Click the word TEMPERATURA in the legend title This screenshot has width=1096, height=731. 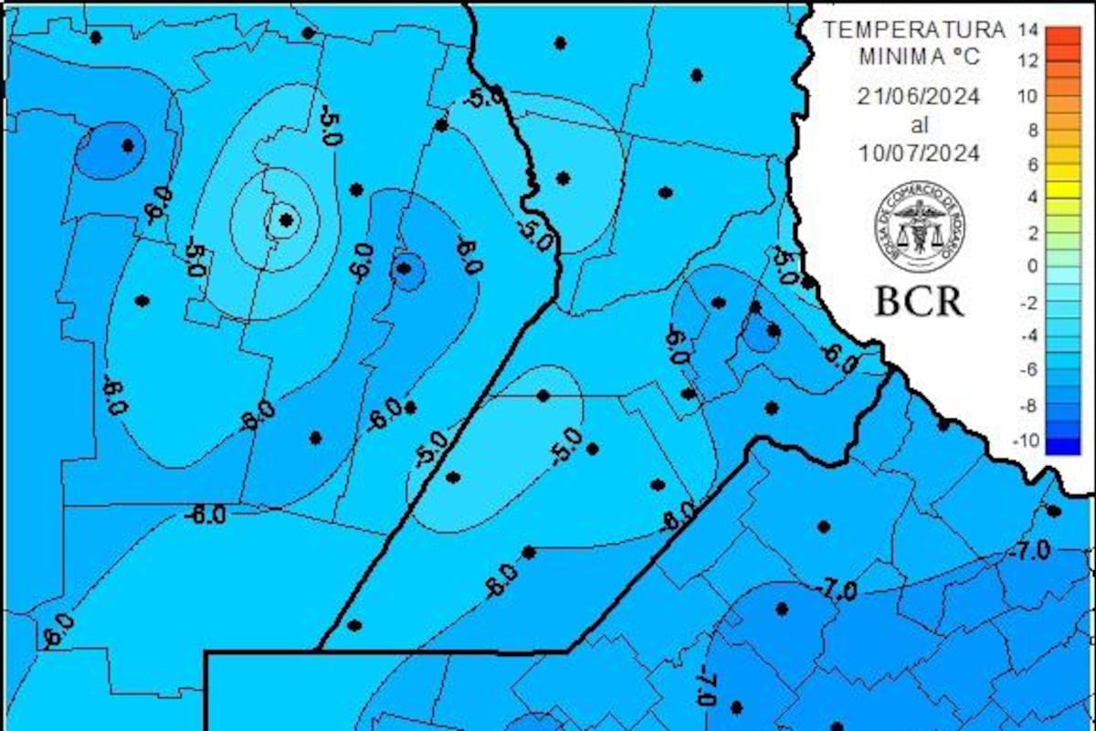[913, 29]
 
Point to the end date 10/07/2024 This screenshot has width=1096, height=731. [919, 154]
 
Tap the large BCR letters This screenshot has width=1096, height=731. [919, 300]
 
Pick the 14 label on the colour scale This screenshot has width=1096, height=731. [1027, 30]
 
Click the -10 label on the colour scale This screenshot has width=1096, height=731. [1027, 440]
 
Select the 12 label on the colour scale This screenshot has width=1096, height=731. [1027, 62]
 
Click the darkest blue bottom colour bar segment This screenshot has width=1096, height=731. [1062, 446]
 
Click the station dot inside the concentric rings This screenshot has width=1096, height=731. [287, 219]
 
